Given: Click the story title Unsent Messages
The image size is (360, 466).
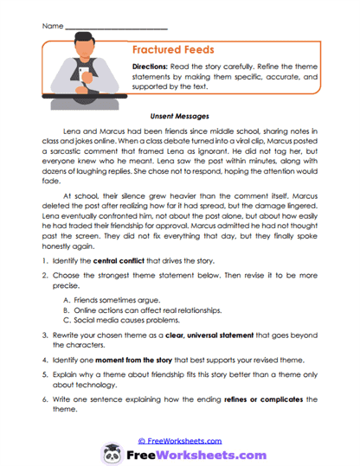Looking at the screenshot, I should tap(179, 113).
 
